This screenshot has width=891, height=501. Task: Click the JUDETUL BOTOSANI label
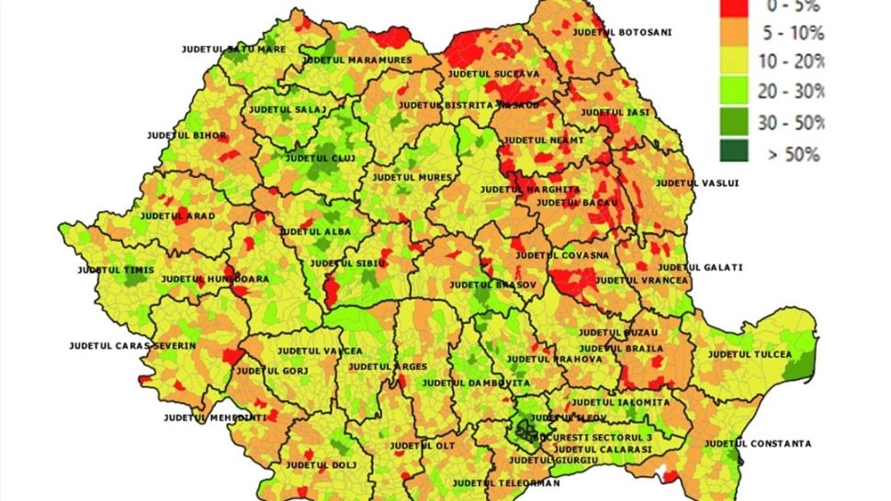click(x=621, y=32)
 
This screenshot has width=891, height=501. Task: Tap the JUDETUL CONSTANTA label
click(x=757, y=443)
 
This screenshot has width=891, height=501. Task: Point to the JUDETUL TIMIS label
click(x=116, y=271)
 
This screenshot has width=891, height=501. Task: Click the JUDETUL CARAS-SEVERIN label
click(x=132, y=346)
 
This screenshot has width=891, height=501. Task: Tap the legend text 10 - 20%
click(x=793, y=61)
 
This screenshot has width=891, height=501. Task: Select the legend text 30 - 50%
click(x=793, y=121)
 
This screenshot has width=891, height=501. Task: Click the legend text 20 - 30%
click(x=793, y=92)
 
